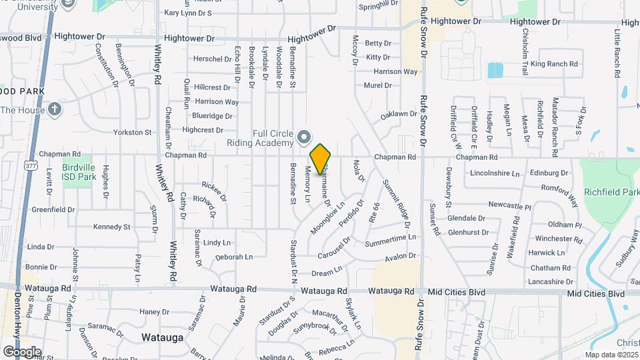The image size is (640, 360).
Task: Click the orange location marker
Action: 321,159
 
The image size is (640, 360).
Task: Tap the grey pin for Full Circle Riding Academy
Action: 305,137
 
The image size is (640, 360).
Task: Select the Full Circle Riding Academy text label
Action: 273,138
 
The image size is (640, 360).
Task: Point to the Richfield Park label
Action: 611,192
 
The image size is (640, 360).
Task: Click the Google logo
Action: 22,351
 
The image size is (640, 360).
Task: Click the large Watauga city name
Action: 162,337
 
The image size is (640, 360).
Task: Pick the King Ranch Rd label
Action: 554,64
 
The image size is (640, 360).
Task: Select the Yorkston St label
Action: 133,133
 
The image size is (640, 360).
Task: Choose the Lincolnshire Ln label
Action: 494,173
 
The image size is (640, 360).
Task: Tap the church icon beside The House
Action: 55,109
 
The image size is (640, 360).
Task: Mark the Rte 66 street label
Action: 375,212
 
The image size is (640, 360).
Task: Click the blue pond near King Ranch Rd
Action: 495,70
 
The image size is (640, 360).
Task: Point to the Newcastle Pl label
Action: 509,206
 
